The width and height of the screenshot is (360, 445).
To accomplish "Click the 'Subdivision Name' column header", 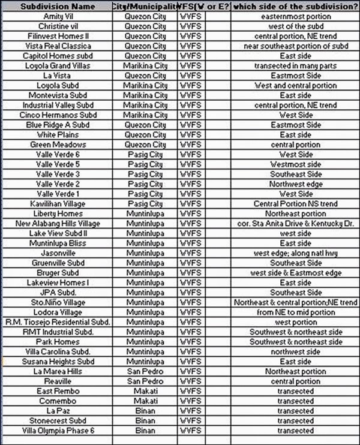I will click(58, 7).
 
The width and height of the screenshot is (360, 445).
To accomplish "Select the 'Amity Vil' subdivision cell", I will click(58, 16).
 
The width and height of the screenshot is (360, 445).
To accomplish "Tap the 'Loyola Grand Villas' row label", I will click(58, 65).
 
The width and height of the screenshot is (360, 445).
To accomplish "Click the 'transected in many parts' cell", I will click(295, 65).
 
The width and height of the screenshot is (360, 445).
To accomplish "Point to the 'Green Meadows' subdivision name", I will click(58, 145).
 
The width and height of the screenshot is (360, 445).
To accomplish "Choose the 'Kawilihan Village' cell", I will click(58, 204).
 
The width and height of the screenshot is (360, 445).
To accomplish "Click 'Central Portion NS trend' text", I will click(295, 204).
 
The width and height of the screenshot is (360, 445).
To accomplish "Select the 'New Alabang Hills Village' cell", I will click(58, 224).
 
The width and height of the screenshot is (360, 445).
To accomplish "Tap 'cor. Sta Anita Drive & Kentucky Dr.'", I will click(295, 224).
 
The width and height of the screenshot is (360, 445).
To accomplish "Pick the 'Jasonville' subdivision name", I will click(58, 253).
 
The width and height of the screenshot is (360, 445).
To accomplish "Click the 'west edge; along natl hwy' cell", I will click(295, 253).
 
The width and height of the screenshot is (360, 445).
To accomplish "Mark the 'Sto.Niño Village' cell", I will click(58, 302).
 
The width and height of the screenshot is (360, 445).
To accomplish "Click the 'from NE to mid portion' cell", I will click(295, 312).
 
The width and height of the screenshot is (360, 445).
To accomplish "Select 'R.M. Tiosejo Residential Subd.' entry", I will click(58, 322).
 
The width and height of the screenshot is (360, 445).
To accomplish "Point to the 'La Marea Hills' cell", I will click(58, 371).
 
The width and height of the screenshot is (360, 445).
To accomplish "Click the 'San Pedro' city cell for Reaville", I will click(145, 381).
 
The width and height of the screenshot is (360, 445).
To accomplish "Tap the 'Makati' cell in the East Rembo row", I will click(145, 391).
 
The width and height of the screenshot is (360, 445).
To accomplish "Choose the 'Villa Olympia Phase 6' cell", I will click(58, 431).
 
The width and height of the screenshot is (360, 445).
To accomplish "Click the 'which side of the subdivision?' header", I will click(295, 7).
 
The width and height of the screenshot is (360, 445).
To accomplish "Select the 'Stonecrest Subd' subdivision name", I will click(58, 421).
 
